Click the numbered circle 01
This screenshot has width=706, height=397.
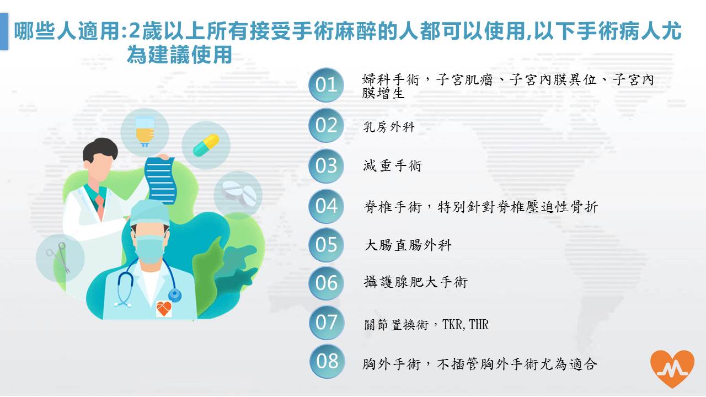click(x=326, y=85)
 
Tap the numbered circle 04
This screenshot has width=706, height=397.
click(x=326, y=206)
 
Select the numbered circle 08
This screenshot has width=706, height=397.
click(x=327, y=361)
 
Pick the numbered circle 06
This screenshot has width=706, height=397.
click(x=326, y=283)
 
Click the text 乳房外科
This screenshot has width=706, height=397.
click(x=389, y=127)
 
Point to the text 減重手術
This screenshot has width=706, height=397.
click(x=392, y=166)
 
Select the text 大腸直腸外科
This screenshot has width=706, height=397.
click(x=408, y=245)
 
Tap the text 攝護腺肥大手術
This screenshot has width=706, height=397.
click(x=415, y=282)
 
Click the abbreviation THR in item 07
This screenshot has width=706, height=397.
click(x=479, y=324)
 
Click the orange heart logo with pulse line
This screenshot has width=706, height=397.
click(x=672, y=369)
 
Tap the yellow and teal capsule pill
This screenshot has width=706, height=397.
click(x=206, y=145)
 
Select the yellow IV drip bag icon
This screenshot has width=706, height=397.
click(x=145, y=131)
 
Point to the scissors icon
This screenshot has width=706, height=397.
click(x=58, y=257)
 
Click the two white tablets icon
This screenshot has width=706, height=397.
click(x=239, y=193)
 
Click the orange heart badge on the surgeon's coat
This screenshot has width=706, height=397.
click(x=164, y=308)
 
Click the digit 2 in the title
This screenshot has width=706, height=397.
click(x=134, y=31)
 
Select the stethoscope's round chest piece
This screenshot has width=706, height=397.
click(x=174, y=296)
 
